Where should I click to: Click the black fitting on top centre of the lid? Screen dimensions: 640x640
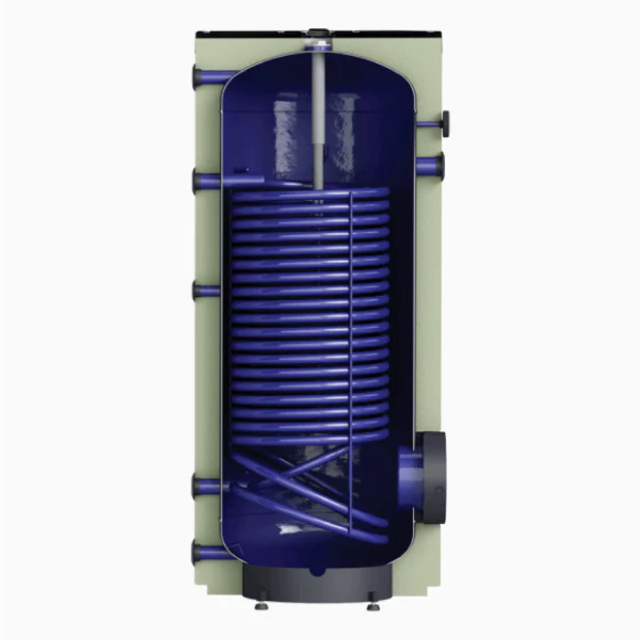[x=320, y=35]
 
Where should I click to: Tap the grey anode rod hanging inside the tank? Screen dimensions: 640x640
[x=320, y=120]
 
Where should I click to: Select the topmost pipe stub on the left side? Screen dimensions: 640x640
[x=206, y=78]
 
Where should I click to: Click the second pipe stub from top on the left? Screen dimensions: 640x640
[x=206, y=181]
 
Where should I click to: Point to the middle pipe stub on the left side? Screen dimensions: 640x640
[x=206, y=290]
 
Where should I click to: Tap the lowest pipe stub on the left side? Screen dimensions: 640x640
[x=206, y=551]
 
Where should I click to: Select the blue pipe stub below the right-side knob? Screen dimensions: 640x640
[x=430, y=166]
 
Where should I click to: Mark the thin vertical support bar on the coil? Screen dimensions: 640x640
[x=350, y=320]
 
